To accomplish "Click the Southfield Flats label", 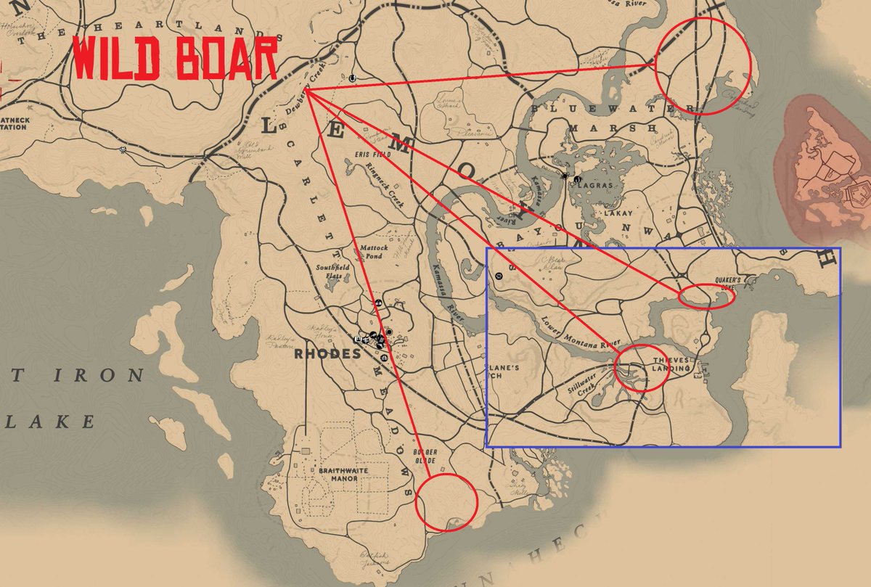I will pos(332,271).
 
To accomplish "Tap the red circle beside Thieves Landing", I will pos(640,367).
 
